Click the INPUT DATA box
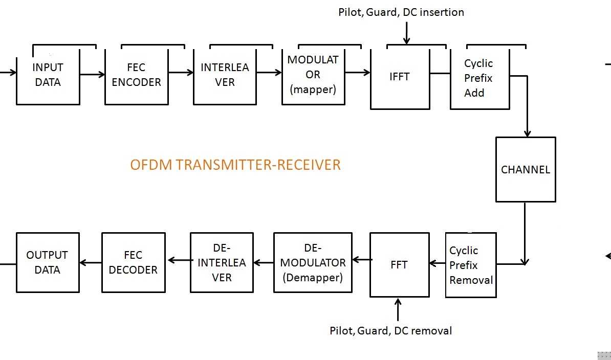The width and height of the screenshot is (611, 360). point(48,77)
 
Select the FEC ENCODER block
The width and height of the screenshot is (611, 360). point(137,77)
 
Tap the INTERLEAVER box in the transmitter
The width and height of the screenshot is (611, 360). point(225,77)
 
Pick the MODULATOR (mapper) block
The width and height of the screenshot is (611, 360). point(313,77)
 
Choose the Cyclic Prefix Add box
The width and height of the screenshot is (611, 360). point(479,79)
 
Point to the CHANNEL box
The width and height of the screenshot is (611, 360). point(526,169)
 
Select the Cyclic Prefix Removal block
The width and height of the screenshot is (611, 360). point(471,265)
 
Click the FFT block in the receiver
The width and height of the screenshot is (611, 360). point(399,265)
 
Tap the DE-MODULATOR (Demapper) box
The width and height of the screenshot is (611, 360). point(313,263)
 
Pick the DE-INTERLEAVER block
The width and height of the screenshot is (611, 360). point(222,263)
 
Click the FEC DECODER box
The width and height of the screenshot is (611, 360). point(133,263)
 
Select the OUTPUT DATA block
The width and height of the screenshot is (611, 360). point(48,263)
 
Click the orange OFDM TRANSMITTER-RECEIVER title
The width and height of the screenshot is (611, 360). point(235,165)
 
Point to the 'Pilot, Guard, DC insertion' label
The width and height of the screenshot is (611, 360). point(401,12)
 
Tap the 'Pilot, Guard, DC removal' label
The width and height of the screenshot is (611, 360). point(390,331)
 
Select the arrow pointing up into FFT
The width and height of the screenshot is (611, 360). point(398,309)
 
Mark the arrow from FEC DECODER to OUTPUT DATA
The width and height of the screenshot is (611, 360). point(91,263)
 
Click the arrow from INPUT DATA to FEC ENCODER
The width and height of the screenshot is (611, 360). point(92,75)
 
